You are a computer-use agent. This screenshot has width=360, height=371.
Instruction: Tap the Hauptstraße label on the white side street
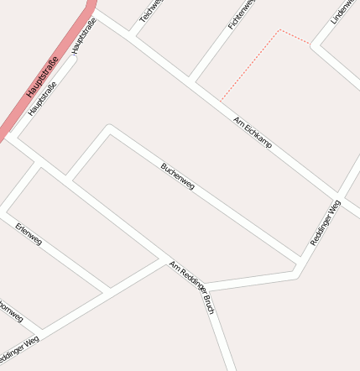[x=85, y=37]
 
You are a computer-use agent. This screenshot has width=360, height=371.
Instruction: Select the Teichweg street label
[x=151, y=11]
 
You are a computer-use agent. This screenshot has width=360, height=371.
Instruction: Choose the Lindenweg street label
[x=342, y=12]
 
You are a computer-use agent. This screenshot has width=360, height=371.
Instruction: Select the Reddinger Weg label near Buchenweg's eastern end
[x=326, y=222]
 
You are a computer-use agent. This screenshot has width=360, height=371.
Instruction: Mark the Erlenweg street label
[x=29, y=234]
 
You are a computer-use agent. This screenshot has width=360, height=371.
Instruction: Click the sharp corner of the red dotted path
[x=279, y=30]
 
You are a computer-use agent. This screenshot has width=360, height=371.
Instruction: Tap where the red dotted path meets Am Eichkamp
[x=221, y=102]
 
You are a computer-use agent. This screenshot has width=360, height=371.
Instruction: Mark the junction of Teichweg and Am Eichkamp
[x=130, y=36]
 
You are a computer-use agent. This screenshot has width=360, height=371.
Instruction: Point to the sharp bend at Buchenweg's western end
[x=109, y=128]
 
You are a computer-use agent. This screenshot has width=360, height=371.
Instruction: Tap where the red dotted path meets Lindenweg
[x=311, y=44]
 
